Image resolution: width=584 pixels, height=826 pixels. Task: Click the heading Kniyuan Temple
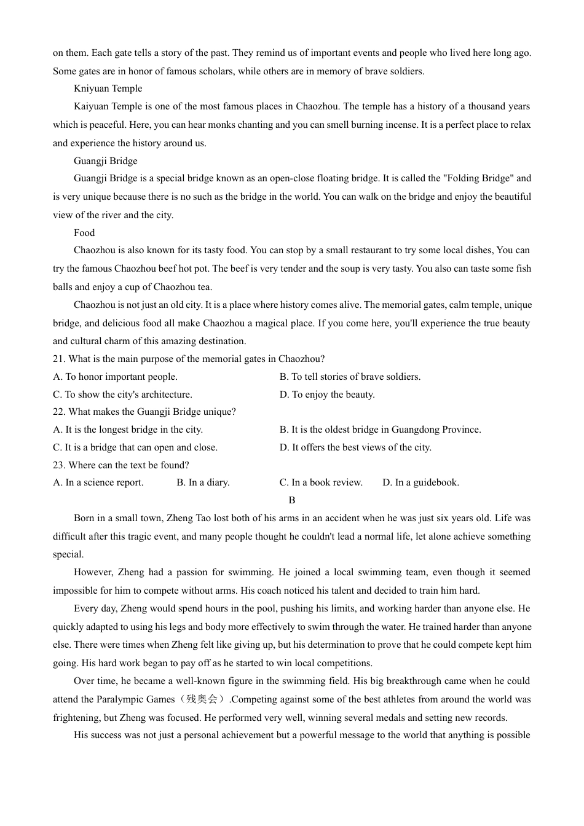108,88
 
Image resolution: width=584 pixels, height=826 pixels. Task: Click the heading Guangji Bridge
105,161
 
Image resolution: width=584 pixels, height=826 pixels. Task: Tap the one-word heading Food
84,233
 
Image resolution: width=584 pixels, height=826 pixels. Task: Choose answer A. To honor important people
115,377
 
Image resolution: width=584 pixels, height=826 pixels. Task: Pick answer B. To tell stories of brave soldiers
350,377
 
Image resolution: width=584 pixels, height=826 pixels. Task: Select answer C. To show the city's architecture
122,395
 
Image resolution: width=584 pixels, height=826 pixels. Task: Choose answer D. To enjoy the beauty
327,395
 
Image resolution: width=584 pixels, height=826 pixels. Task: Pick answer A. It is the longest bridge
128,430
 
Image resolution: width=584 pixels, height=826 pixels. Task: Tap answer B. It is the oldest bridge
380,430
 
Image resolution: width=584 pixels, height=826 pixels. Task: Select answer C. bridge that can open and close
135,447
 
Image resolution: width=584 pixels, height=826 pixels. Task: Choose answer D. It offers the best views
355,447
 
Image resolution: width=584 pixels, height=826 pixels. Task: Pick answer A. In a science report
98,482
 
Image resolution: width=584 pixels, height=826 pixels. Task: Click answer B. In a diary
203,482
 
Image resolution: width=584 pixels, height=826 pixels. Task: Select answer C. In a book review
321,482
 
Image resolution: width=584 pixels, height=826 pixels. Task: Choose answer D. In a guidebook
420,482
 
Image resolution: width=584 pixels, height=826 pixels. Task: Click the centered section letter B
292,500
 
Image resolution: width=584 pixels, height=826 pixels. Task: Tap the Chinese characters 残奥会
202,699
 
